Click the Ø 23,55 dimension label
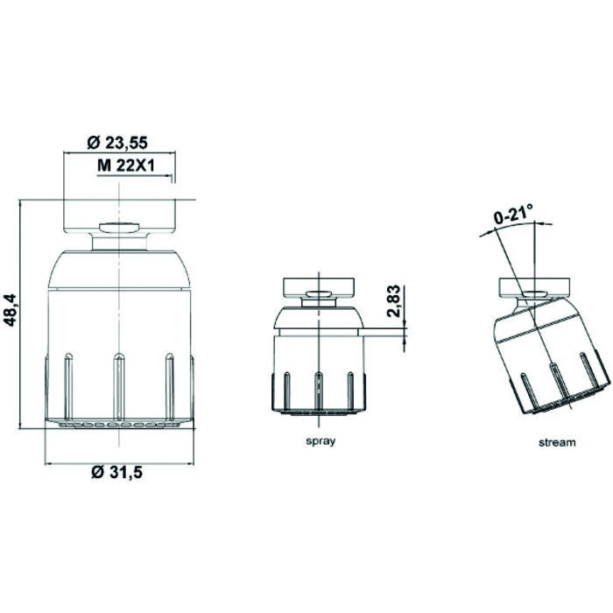click(117, 143)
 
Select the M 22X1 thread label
click(126, 166)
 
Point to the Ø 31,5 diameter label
click(117, 472)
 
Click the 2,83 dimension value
click(393, 300)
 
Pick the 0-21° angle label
click(513, 214)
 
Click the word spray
click(321, 441)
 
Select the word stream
click(557, 442)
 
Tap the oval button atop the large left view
click(120, 228)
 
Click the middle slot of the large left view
click(119, 386)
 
